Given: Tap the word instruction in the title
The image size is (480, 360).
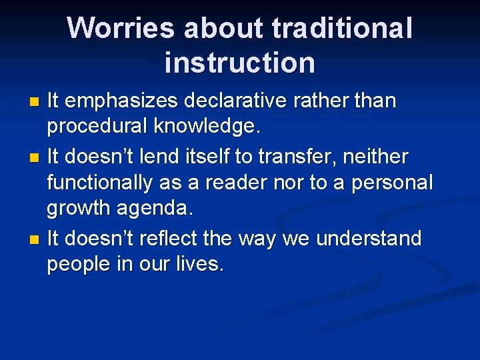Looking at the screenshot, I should [239, 63].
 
